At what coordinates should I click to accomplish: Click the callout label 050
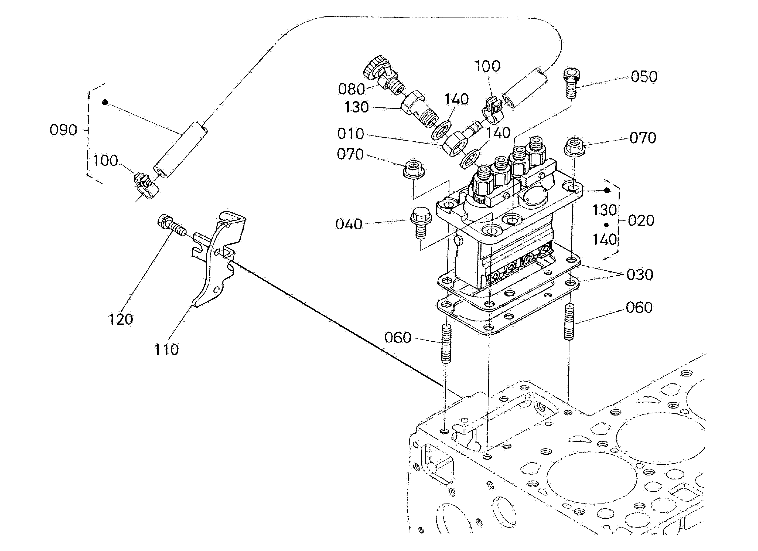(x=644, y=77)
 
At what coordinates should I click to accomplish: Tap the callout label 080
(x=351, y=89)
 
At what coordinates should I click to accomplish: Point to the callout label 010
(x=350, y=134)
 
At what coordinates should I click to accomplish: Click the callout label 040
(x=349, y=224)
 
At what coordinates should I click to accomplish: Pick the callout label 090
(x=63, y=130)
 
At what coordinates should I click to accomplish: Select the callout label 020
(x=641, y=221)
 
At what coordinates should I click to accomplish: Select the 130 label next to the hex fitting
(x=356, y=107)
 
